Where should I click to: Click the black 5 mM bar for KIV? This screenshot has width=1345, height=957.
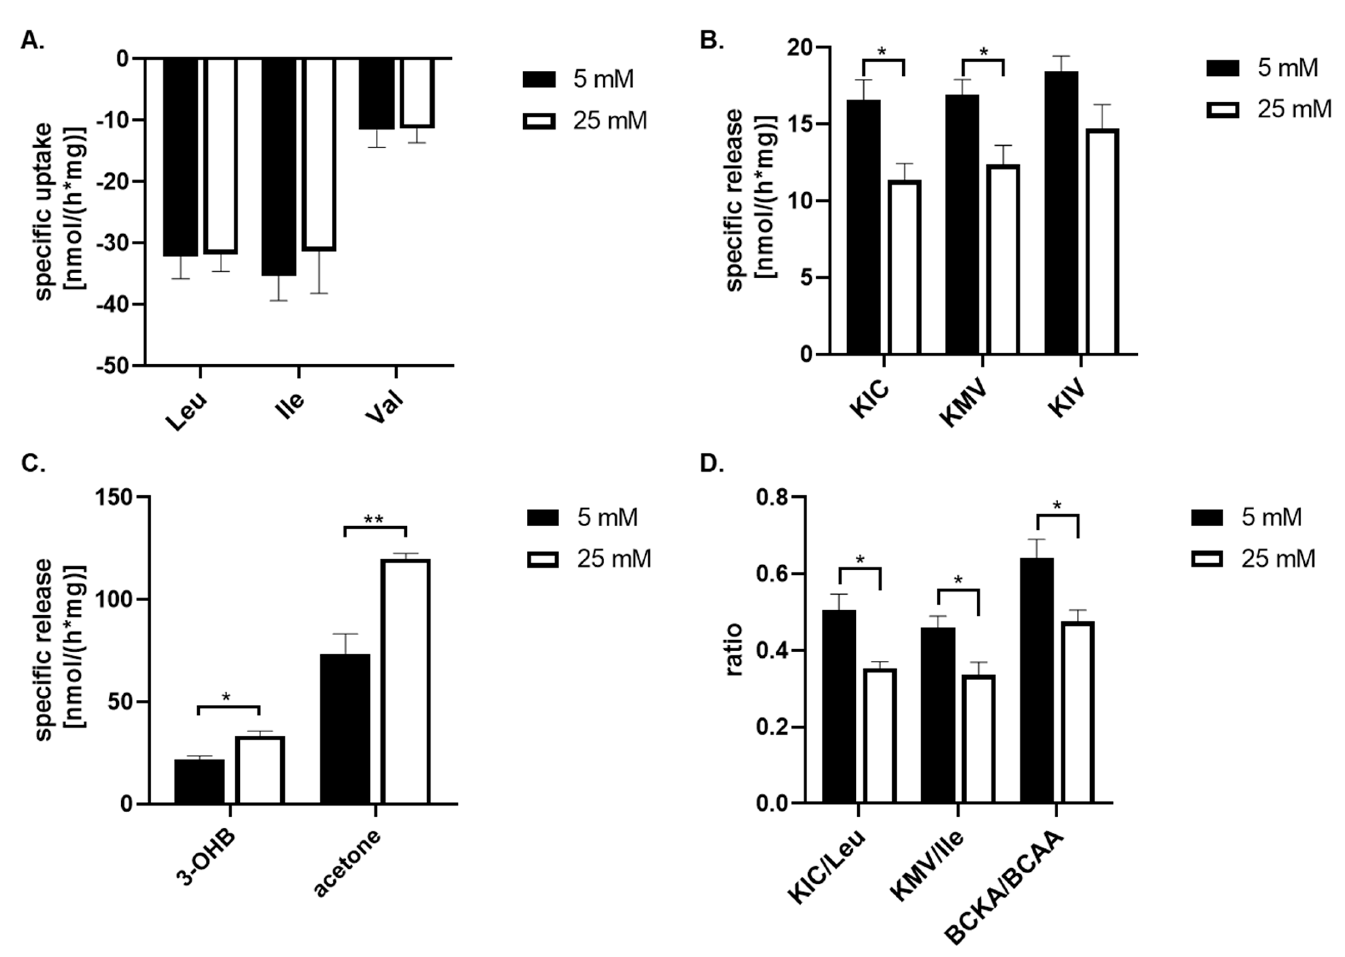pyautogui.click(x=1061, y=212)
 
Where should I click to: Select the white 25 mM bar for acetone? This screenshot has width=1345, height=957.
pyautogui.click(x=405, y=681)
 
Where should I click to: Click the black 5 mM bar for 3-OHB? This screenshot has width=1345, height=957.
pyautogui.click(x=199, y=781)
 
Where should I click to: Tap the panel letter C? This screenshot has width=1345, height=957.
pyautogui.click(x=32, y=464)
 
